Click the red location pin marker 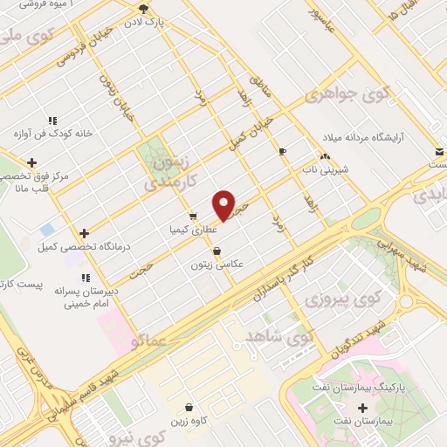click(x=224, y=205)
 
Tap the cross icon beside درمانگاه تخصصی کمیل click(x=84, y=233)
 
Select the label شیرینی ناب click(x=324, y=170)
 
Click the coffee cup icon click(x=282, y=152)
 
